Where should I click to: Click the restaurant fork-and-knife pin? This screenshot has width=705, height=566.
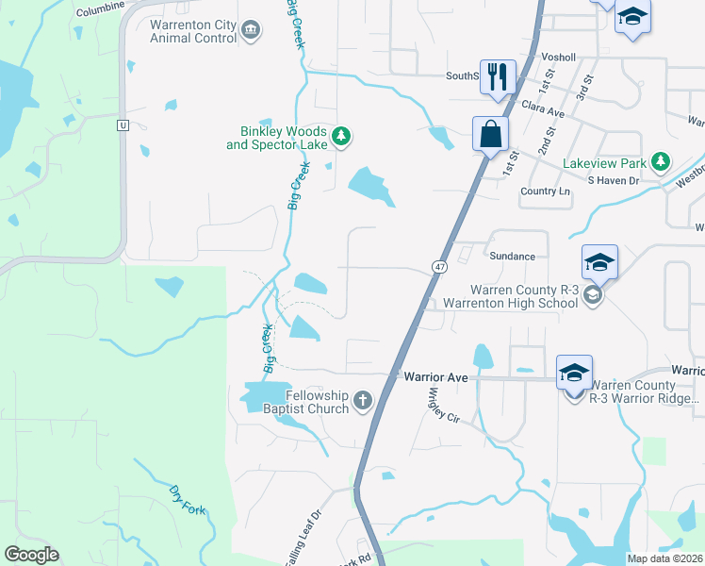pyautogui.click(x=498, y=77)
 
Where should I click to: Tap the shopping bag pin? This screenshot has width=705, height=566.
pyautogui.click(x=490, y=133)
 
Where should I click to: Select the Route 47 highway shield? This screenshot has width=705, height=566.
pyautogui.click(x=440, y=267)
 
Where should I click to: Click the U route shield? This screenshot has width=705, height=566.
pyautogui.click(x=123, y=125)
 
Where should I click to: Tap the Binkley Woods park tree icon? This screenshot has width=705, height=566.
pyautogui.click(x=341, y=138)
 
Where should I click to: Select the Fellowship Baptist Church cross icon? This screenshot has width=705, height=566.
pyautogui.click(x=363, y=403)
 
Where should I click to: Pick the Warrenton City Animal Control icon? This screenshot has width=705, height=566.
pyautogui.click(x=251, y=31)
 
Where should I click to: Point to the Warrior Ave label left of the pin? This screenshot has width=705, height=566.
pyautogui.click(x=435, y=377)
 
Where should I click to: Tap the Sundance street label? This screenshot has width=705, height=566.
pyautogui.click(x=512, y=256)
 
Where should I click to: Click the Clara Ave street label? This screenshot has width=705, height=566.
pyautogui.click(x=542, y=113)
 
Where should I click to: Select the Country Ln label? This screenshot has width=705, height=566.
pyautogui.click(x=546, y=191)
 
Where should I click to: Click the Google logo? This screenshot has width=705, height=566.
pyautogui.click(x=31, y=555)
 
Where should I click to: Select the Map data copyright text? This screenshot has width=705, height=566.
pyautogui.click(x=664, y=558)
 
